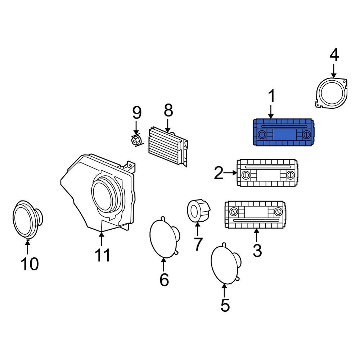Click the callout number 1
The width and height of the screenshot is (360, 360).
tap(271, 96)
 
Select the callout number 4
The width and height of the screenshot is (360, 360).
tap(334, 55)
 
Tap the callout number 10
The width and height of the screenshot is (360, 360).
tap(30, 264)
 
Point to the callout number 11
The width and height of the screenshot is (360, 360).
tap(103, 255)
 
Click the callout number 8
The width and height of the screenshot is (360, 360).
tap(168, 110)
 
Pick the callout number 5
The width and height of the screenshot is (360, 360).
tap(225, 305)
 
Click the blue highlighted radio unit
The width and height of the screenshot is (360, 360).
tap(284, 132)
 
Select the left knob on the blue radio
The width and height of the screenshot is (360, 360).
tap(262, 135)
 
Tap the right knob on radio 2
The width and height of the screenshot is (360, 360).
tap(291, 175)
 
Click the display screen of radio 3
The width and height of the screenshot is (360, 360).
tap(256, 212)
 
